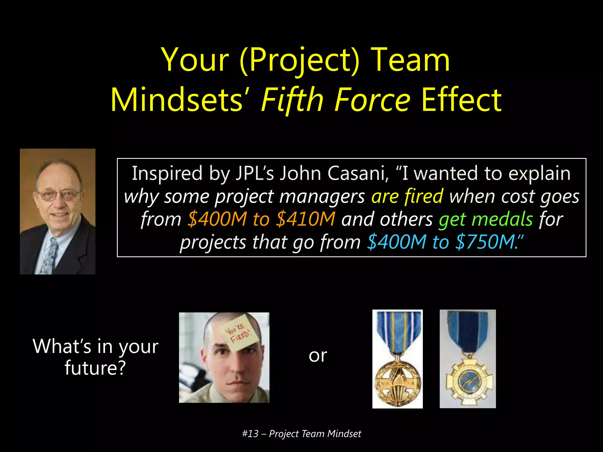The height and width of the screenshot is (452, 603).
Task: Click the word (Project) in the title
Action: coord(299,60)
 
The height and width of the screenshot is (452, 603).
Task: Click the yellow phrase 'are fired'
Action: coord(407,196)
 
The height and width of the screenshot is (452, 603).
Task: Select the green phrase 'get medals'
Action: coord(486,219)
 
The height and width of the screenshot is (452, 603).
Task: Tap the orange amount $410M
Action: coord(306,219)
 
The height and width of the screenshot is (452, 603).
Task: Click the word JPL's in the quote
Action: coord(255,173)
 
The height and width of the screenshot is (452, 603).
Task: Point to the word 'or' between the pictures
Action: coord(318,355)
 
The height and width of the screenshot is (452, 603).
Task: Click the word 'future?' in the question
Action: coord(95,368)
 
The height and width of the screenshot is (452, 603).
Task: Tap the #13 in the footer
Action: coord(250,434)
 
